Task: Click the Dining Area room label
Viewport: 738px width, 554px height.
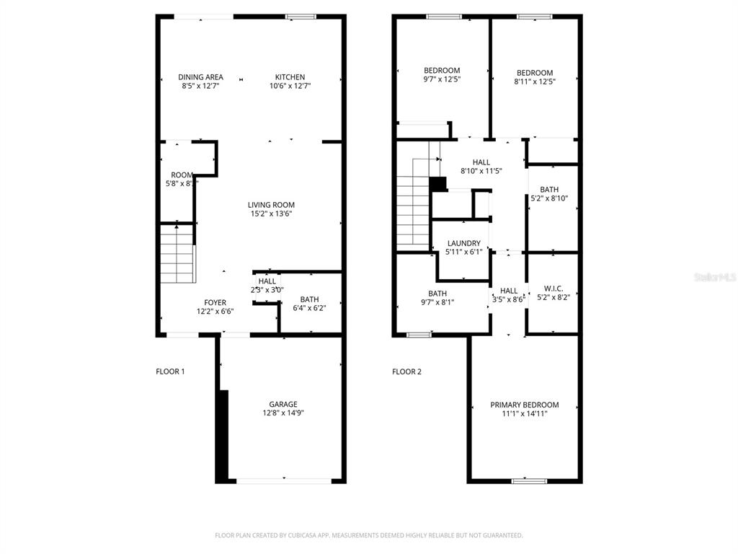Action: pyautogui.click(x=200, y=77)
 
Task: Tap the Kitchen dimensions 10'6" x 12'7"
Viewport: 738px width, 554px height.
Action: pyautogui.click(x=290, y=86)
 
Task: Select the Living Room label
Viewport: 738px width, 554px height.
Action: pyautogui.click(x=271, y=205)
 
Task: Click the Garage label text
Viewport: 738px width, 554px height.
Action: pyautogui.click(x=283, y=404)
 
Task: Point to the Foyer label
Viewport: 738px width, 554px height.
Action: pyautogui.click(x=215, y=302)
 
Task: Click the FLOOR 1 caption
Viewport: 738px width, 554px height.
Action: pyautogui.click(x=170, y=371)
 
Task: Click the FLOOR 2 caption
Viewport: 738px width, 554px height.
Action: pyautogui.click(x=406, y=371)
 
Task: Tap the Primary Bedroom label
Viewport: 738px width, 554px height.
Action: pyautogui.click(x=524, y=405)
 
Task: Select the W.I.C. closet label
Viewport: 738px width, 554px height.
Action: pyautogui.click(x=553, y=289)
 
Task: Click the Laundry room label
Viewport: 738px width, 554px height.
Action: pyautogui.click(x=463, y=244)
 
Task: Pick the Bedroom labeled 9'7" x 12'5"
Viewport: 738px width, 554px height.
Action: pyautogui.click(x=441, y=75)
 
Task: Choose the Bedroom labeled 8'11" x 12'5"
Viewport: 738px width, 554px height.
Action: pyautogui.click(x=535, y=77)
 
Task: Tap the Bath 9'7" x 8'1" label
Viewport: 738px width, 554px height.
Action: pyautogui.click(x=437, y=298)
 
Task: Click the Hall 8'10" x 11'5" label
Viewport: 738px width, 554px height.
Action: pyautogui.click(x=481, y=167)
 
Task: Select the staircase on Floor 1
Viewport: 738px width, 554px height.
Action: pyautogui.click(x=177, y=254)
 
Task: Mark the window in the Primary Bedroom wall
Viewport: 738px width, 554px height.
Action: pyautogui.click(x=529, y=480)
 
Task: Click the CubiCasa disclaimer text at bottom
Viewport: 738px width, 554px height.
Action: pyautogui.click(x=368, y=535)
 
